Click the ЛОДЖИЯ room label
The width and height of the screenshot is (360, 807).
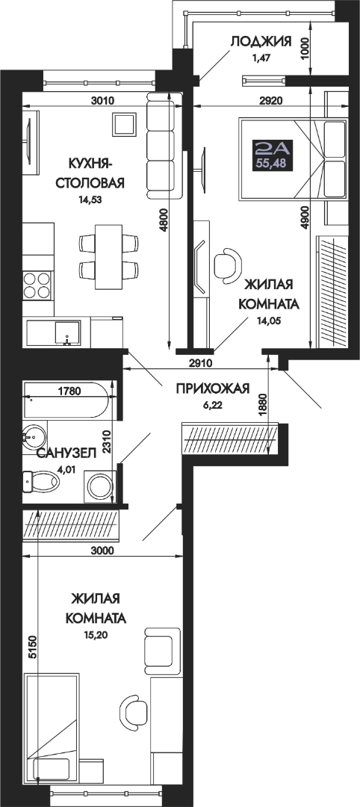point(261,41)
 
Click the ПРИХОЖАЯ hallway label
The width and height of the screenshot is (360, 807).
point(212,389)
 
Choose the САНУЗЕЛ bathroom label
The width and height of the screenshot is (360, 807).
point(66,453)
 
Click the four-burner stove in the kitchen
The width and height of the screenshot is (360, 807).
point(37,285)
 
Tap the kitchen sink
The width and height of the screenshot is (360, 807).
point(67,333)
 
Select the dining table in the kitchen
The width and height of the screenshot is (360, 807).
point(108,256)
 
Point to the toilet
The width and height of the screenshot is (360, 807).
point(41,482)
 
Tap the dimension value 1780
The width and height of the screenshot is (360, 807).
point(70,391)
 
